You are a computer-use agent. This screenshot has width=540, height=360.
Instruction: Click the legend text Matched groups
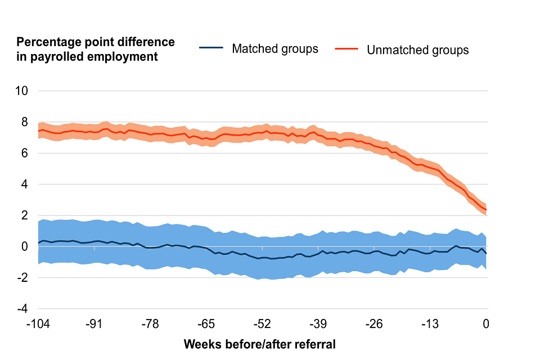pos(275,49)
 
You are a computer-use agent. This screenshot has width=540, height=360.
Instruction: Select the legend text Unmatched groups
pos(417,50)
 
